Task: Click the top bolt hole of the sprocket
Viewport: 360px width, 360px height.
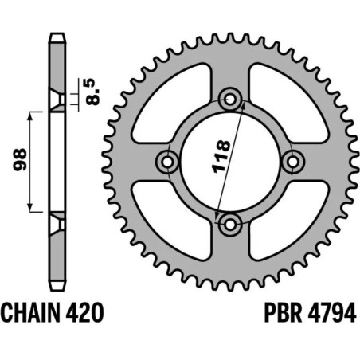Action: (x=230, y=100)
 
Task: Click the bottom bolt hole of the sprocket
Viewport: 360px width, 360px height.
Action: (x=230, y=225)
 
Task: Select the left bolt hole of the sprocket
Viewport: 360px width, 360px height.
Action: (x=167, y=162)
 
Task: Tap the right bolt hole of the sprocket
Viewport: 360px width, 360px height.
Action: (x=292, y=162)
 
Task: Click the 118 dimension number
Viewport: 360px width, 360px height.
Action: (x=221, y=157)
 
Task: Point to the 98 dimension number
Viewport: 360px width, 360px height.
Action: (x=20, y=160)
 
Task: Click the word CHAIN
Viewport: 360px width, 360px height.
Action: (x=29, y=313)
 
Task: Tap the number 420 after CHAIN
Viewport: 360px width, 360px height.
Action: (x=84, y=313)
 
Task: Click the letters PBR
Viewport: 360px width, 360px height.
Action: (x=283, y=313)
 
